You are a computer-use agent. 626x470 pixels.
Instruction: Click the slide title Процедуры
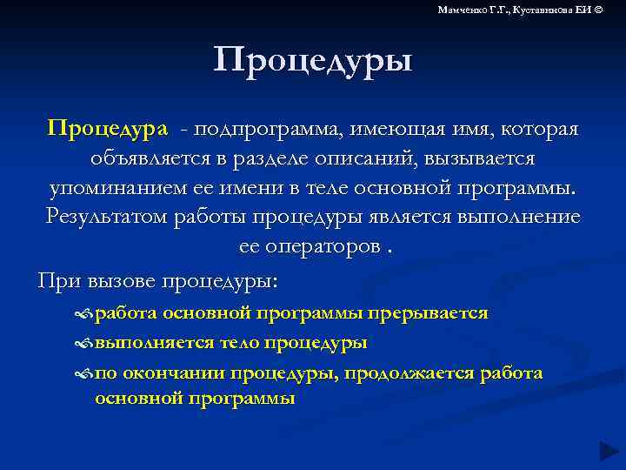[312, 62]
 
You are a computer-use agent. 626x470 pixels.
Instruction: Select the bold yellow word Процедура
[109, 129]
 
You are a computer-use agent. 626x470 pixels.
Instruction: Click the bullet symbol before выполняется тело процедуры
[84, 343]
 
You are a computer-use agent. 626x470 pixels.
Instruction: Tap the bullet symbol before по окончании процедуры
[84, 373]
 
